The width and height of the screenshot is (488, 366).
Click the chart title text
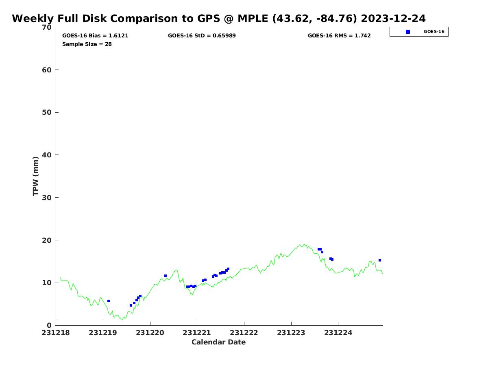tap(219, 19)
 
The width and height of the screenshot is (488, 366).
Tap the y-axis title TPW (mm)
tap(35, 176)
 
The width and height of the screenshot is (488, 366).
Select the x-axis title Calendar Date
tap(218, 342)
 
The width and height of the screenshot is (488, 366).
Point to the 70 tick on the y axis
tap(47, 27)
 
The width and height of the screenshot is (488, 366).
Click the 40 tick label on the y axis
tap(47, 155)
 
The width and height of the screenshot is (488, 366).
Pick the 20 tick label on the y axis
tap(47, 240)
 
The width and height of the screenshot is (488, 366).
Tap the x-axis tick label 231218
tap(56, 333)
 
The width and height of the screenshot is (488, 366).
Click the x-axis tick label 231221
tap(197, 333)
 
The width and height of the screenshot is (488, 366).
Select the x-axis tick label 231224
tap(338, 333)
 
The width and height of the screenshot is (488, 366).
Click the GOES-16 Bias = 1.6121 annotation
tap(95, 36)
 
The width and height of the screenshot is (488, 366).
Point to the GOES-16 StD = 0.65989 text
tap(202, 36)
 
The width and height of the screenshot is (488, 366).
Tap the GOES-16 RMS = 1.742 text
tap(339, 36)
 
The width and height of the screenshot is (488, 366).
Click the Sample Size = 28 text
tap(87, 44)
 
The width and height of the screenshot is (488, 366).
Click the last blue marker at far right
tap(380, 260)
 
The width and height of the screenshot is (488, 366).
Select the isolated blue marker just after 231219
tap(109, 301)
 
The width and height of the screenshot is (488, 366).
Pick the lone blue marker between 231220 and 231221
tap(166, 276)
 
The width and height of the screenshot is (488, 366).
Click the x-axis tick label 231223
tap(291, 333)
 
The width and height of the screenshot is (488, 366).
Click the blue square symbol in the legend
tap(408, 32)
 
